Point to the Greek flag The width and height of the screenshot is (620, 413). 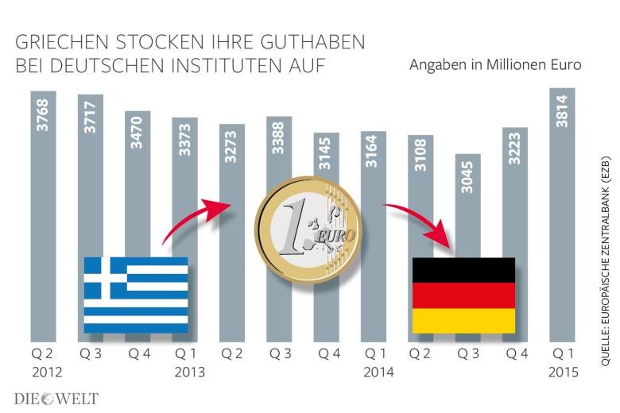136,294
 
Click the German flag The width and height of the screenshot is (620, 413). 463,295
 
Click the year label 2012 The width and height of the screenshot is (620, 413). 46,371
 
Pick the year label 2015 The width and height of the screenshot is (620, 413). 564,371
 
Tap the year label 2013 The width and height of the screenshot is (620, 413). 187,371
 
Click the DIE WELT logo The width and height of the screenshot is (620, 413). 56,398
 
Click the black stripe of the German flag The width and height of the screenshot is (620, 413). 463,269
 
